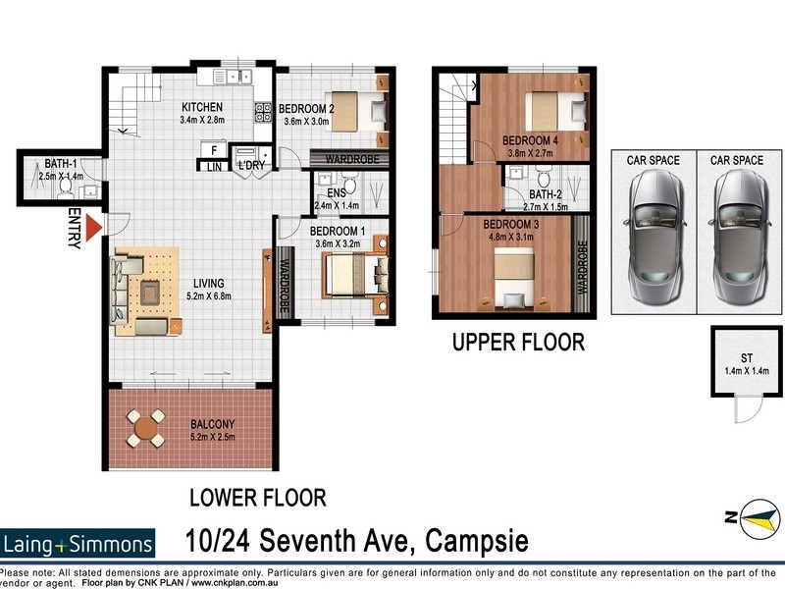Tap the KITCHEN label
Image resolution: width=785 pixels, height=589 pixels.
tap(202, 107)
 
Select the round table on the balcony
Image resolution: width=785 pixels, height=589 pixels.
tap(146, 427)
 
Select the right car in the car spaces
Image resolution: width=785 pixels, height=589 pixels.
tap(736, 232)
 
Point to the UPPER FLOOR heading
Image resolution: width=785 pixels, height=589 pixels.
tap(517, 343)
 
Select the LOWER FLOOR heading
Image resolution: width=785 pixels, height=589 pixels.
tap(257, 497)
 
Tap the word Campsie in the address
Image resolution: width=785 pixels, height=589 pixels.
tap(474, 541)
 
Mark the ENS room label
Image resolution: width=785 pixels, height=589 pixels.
tap(335, 194)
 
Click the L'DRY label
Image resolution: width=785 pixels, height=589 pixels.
tap(252, 165)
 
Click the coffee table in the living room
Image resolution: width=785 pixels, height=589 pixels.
tap(149, 291)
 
